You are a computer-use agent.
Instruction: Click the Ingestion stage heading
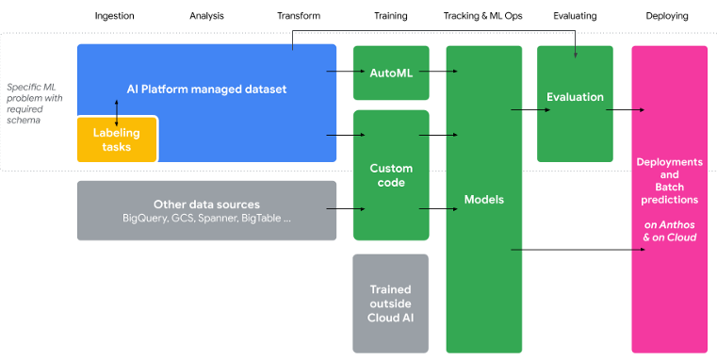(115, 16)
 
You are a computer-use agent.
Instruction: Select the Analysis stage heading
(205, 16)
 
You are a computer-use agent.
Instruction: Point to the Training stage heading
(390, 16)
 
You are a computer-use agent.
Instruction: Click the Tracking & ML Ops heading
(482, 16)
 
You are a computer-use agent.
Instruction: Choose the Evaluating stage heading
(575, 16)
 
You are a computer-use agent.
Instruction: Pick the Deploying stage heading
(667, 16)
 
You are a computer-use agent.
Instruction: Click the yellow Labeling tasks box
(117, 139)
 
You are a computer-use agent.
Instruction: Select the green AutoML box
(391, 72)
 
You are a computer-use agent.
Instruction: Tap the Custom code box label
(391, 175)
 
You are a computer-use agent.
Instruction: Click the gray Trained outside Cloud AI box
(391, 303)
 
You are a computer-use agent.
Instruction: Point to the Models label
(483, 200)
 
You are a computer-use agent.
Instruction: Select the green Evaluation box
(575, 97)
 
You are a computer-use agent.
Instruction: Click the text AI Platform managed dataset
(206, 90)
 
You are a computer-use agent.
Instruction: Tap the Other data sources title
(206, 204)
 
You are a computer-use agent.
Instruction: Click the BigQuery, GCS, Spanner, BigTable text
(206, 218)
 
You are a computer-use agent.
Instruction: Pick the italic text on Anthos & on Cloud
(669, 231)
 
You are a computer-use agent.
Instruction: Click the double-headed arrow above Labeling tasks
(117, 111)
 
